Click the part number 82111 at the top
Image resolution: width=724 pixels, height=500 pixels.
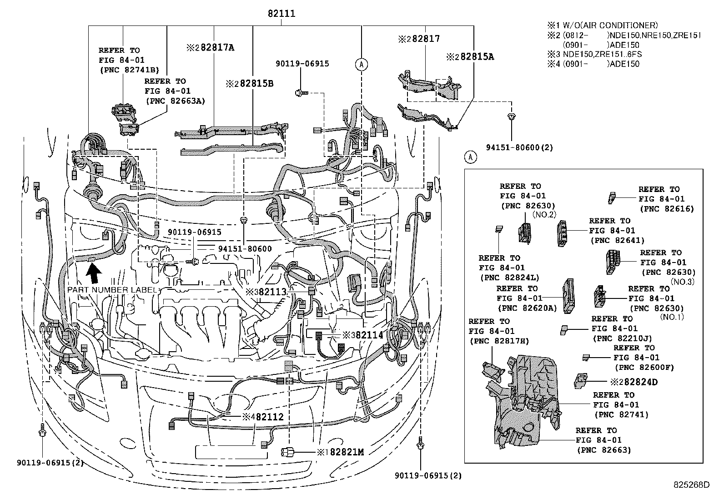tap(281, 14)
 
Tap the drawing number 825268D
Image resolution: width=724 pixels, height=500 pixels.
tap(691, 485)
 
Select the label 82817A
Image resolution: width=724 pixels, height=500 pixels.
tap(217, 47)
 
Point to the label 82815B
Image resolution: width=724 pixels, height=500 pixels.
tap(256, 84)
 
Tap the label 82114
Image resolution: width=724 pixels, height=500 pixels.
tap(368, 335)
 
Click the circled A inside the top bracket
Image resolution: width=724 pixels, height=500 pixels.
tap(362, 65)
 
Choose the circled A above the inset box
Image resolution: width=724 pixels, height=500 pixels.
tap(470, 157)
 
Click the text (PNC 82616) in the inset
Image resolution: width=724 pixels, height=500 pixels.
tap(667, 209)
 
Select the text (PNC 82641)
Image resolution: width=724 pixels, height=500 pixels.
tap(617, 240)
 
